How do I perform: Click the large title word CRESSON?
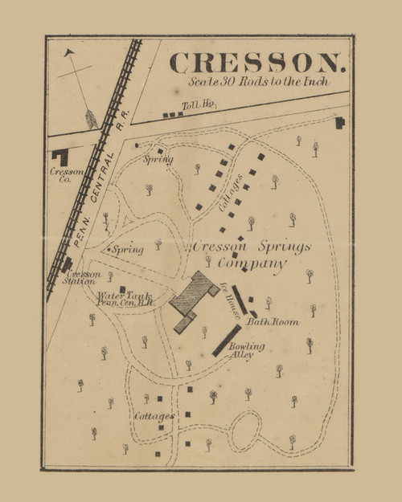click(x=257, y=62)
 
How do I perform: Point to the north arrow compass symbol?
click(x=82, y=88)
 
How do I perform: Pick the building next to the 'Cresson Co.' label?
click(x=59, y=157)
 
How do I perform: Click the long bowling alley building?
click(x=226, y=340)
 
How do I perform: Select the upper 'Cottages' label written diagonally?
click(x=232, y=193)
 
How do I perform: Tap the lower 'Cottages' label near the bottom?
click(x=154, y=417)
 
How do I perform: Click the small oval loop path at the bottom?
click(x=244, y=431)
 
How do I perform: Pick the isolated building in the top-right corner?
click(x=340, y=122)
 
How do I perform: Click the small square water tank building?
click(x=121, y=289)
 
